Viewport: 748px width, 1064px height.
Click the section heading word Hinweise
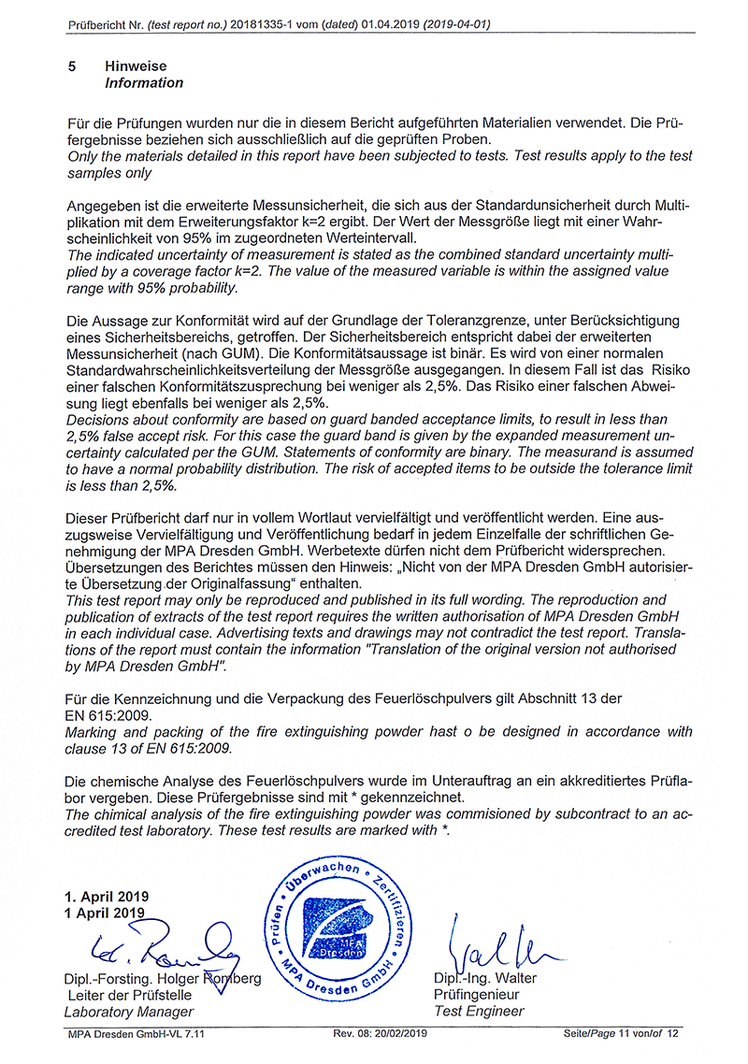tap(137, 67)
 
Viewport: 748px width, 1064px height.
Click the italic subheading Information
tap(144, 83)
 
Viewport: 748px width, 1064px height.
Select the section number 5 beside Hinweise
tap(73, 67)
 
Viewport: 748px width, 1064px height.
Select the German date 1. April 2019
tap(107, 897)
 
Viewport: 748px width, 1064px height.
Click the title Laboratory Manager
tap(128, 1012)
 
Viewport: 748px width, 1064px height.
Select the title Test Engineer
tap(479, 1011)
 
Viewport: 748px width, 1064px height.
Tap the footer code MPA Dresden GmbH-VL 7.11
tap(137, 1032)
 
